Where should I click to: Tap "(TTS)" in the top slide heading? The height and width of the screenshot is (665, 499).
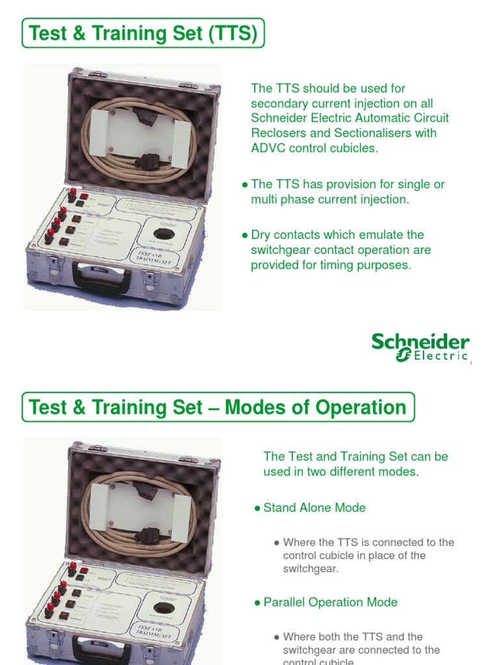[232, 33]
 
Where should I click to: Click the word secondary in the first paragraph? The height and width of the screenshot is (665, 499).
[278, 103]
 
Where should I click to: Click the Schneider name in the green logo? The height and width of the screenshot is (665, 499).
[420, 342]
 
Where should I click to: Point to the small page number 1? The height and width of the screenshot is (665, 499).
[470, 364]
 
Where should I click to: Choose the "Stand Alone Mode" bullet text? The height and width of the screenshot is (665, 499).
[314, 508]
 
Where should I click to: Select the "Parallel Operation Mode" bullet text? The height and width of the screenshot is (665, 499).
[330, 602]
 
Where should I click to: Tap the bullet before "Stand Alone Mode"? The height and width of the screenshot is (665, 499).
[257, 508]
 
